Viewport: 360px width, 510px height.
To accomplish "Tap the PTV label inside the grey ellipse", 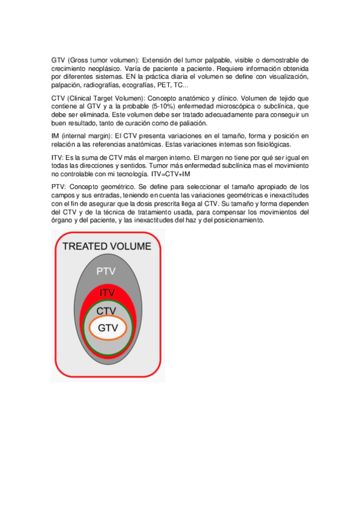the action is point(106,271).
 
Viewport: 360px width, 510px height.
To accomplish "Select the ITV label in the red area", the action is point(107,292).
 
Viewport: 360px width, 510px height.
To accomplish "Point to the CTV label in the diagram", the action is point(106,311).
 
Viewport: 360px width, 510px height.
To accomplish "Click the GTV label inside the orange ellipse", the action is point(107,328).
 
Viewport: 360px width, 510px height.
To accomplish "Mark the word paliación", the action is point(191,123).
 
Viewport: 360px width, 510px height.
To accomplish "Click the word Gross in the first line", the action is point(78,60).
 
